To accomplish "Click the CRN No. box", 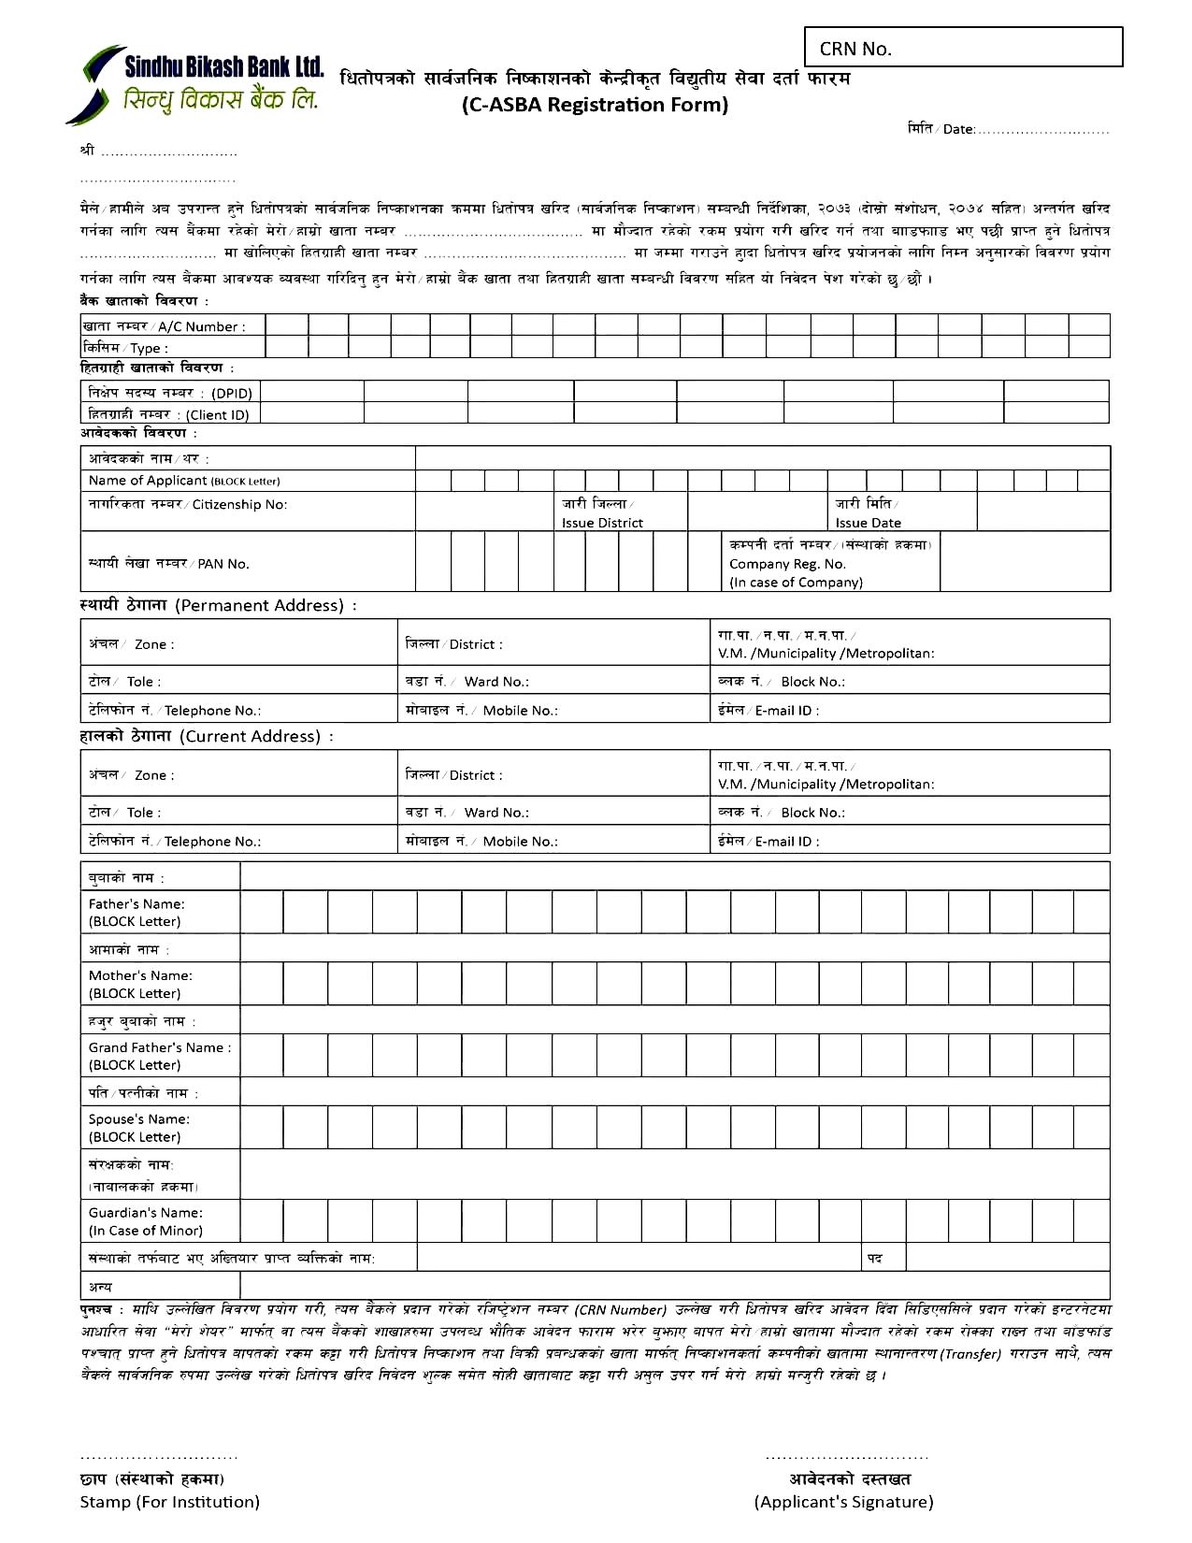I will point(963,47).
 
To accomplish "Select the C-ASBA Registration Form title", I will point(595,105).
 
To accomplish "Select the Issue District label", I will point(602,523).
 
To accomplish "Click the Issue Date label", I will point(868,523).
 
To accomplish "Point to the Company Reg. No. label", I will point(787,564).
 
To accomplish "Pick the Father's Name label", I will point(136,904).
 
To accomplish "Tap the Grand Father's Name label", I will point(159,1047).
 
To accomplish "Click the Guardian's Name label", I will point(145,1213).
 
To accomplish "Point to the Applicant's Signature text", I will point(843,1502).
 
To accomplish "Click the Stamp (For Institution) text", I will point(169,1502).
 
